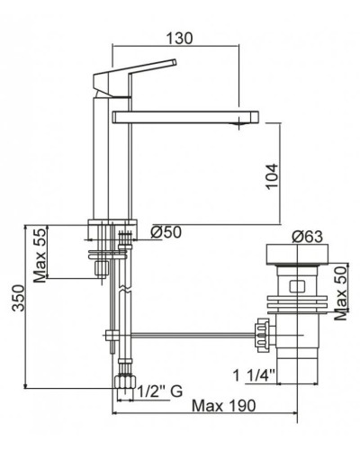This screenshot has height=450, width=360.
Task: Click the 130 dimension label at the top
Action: pyautogui.click(x=179, y=39)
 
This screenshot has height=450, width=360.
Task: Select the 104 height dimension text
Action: pyautogui.click(x=272, y=176)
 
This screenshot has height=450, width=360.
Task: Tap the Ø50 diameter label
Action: pyautogui.click(x=166, y=232)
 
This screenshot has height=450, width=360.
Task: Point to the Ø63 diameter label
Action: pyautogui.click(x=308, y=237)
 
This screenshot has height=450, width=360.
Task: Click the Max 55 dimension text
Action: pyautogui.click(x=40, y=256)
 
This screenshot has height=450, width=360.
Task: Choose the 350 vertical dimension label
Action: pyautogui.click(x=18, y=298)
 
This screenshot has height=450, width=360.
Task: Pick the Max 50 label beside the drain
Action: pyautogui.click(x=340, y=293)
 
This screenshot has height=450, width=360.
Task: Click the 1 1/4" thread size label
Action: pyautogui.click(x=254, y=375)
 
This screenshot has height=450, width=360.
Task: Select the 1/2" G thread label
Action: pyautogui.click(x=160, y=391)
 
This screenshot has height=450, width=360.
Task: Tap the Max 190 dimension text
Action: pyautogui.click(x=224, y=406)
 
